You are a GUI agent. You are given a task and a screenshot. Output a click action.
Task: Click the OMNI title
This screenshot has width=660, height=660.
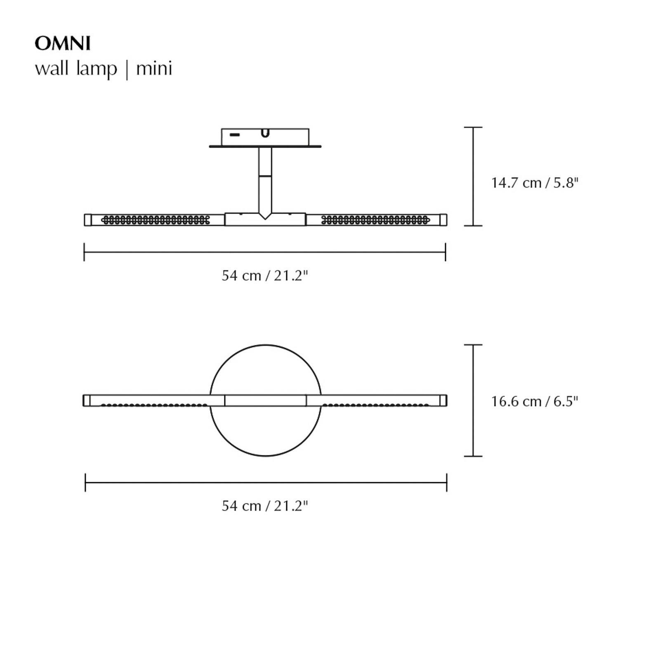pyautogui.click(x=63, y=44)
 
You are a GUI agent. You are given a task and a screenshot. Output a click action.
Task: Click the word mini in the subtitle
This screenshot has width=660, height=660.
pyautogui.click(x=154, y=68)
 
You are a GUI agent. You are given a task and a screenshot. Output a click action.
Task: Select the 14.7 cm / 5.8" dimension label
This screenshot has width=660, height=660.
pyautogui.click(x=535, y=183)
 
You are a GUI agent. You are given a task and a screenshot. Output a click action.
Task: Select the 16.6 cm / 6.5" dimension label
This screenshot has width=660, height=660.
pyautogui.click(x=535, y=401)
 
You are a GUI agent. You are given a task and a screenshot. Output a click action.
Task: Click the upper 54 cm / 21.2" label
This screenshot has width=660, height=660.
pyautogui.click(x=265, y=275)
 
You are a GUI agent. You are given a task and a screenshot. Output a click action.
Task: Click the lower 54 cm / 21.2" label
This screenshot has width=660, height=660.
pyautogui.click(x=265, y=505)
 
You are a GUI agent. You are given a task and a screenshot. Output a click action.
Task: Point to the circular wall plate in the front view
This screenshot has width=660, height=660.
pyautogui.click(x=265, y=433)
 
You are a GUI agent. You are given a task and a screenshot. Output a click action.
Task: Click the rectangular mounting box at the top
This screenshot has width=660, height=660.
pyautogui.click(x=285, y=137)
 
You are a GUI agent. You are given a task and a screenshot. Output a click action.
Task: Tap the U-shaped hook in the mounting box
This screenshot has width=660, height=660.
pyautogui.click(x=265, y=133)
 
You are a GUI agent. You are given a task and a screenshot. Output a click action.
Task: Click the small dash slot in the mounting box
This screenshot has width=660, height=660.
pyautogui.click(x=235, y=135)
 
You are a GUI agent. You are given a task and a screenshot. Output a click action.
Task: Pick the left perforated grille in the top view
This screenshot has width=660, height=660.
pyautogui.click(x=156, y=220)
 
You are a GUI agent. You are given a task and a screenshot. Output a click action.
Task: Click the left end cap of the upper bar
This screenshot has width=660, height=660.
pyautogui.click(x=87, y=220)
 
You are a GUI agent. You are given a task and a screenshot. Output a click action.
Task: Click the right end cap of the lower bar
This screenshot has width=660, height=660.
pyautogui.click(x=443, y=401)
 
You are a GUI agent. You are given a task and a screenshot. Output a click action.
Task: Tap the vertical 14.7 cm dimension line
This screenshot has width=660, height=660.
pyautogui.click(x=473, y=177)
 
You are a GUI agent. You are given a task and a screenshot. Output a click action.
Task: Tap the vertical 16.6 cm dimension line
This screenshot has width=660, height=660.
pyautogui.click(x=473, y=400)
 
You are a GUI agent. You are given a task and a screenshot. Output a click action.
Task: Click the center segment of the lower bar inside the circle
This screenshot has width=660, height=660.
pyautogui.click(x=265, y=401)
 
